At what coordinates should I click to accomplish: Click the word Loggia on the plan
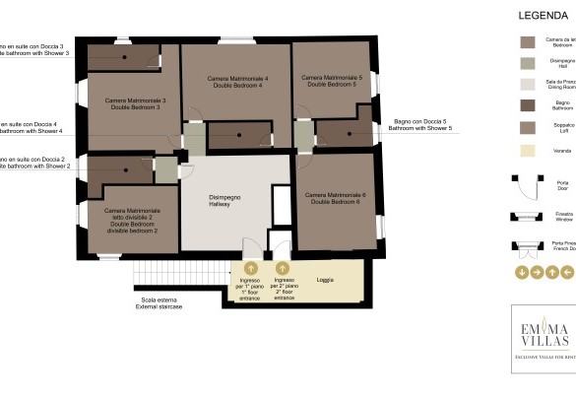[325, 281]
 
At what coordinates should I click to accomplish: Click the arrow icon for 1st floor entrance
[251, 268]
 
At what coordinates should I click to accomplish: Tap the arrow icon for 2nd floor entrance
[283, 268]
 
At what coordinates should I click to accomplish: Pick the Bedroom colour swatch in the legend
[528, 42]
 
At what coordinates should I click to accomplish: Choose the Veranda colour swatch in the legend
[528, 151]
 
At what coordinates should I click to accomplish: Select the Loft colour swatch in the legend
[528, 127]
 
